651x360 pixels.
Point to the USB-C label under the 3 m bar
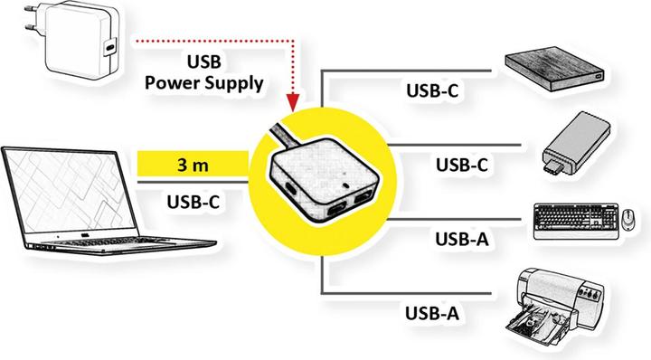point(193,201)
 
